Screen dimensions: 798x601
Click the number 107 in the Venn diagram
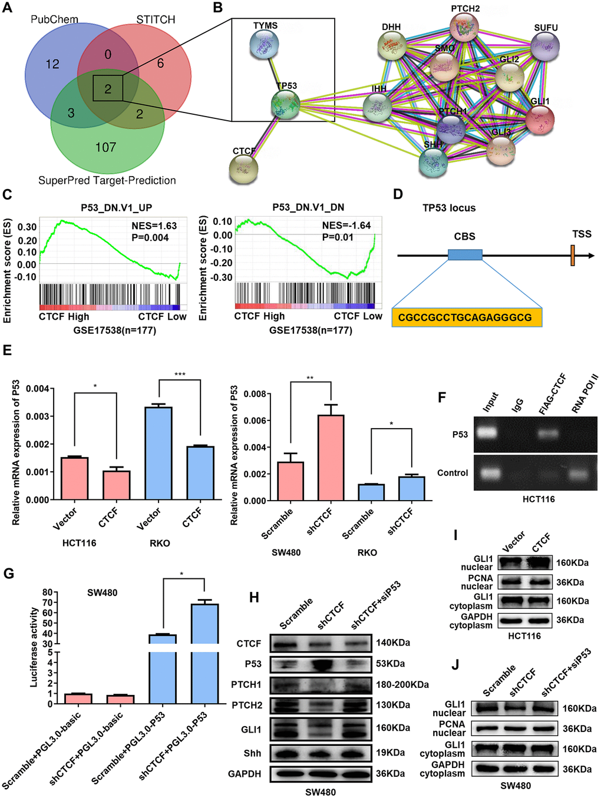[x=106, y=147]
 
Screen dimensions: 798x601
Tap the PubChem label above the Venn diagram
[x=54, y=19]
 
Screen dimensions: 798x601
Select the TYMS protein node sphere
[x=264, y=45]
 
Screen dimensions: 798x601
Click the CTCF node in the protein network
[x=243, y=168]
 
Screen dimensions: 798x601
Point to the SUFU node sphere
[x=545, y=45]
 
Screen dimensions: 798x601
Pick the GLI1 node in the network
[x=539, y=118]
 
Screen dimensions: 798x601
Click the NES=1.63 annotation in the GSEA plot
[x=154, y=226]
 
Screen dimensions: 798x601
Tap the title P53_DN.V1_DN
[x=308, y=207]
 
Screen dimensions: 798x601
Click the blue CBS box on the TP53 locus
[x=465, y=255]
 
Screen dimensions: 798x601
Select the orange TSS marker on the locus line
[x=572, y=255]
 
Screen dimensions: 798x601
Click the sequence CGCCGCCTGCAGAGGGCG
[x=465, y=317]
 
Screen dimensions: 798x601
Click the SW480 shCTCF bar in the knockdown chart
[x=331, y=458]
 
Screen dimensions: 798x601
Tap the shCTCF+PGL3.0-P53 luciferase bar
[x=204, y=654]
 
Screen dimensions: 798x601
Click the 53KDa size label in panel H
[x=390, y=664]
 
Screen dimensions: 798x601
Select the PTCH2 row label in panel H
[x=246, y=706]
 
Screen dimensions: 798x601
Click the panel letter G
[x=8, y=573]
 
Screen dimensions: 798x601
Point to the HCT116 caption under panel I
[x=524, y=636]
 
